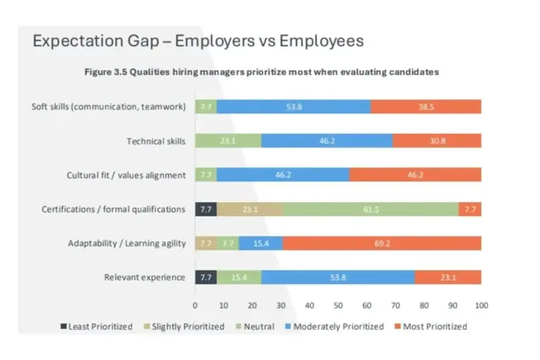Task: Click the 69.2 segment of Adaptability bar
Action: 381,243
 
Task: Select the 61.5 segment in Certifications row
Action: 371,209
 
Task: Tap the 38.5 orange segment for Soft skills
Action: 426,107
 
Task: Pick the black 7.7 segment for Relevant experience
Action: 206,277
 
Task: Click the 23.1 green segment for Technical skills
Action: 228,141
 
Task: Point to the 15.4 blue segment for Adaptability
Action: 260,243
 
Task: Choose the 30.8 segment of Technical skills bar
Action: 437,141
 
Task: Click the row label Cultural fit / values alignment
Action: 127,175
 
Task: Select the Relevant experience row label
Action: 145,277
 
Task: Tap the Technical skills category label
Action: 156,141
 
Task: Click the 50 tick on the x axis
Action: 338,305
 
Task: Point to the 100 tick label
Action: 482,305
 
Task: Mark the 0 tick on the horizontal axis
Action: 195,305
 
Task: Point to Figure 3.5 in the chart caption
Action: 105,72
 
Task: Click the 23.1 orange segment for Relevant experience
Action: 448,277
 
